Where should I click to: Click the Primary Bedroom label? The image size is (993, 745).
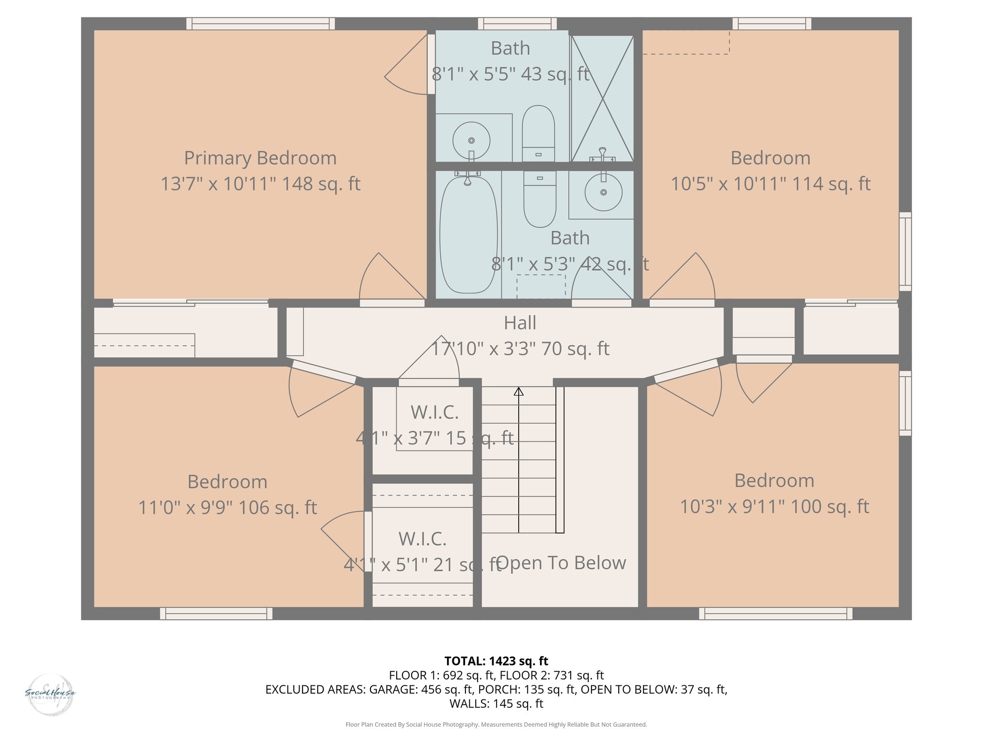pyautogui.click(x=260, y=158)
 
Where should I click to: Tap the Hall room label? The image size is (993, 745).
pyautogui.click(x=520, y=323)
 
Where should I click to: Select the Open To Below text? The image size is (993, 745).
pyautogui.click(x=561, y=563)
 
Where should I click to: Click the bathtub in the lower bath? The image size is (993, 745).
pyautogui.click(x=468, y=235)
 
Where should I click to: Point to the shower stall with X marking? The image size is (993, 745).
pyautogui.click(x=602, y=99)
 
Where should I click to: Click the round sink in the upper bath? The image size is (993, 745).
pyautogui.click(x=471, y=141)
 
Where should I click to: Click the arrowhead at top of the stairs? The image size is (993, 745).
pyautogui.click(x=519, y=391)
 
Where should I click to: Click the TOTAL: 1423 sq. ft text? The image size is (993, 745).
pyautogui.click(x=496, y=661)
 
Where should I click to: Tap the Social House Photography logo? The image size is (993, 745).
pyautogui.click(x=50, y=694)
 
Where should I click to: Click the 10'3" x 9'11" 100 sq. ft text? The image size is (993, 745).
pyautogui.click(x=774, y=507)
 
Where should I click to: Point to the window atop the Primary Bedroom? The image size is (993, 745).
pyautogui.click(x=260, y=24)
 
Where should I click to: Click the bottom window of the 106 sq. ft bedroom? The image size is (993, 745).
pyautogui.click(x=216, y=614)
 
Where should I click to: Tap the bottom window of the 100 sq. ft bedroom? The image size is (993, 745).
pyautogui.click(x=775, y=614)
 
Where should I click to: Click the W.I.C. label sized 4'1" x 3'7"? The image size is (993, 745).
pyautogui.click(x=434, y=413)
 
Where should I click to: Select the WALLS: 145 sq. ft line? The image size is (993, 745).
pyautogui.click(x=496, y=704)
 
